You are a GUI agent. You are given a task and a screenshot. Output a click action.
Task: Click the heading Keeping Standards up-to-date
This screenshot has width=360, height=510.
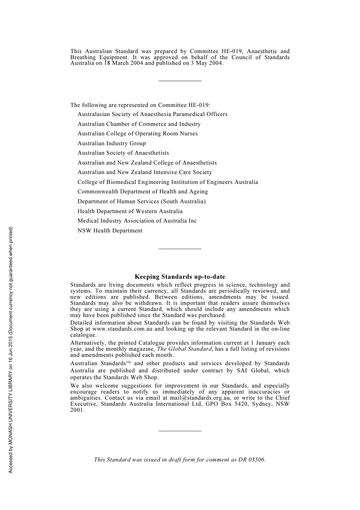tap(180, 277)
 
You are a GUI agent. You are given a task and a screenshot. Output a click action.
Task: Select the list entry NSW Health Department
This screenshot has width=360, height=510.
tap(110, 231)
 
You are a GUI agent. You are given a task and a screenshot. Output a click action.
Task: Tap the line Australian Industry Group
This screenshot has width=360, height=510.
tap(111, 143)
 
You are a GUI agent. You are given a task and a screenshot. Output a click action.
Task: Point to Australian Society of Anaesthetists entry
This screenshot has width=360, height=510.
tap(123, 153)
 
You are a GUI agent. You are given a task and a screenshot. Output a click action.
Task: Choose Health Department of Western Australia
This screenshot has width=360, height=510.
tap(130, 211)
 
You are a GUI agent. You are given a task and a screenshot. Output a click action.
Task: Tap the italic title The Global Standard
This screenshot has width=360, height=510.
tap(184, 349)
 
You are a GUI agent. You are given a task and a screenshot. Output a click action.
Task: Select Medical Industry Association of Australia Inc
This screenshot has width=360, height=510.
tap(137, 221)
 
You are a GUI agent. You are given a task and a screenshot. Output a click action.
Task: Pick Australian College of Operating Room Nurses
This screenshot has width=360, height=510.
tap(138, 133)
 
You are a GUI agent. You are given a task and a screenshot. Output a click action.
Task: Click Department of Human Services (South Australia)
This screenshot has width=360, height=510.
tap(141, 201)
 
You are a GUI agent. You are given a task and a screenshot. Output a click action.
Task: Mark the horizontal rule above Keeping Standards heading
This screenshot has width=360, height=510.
tap(180, 249)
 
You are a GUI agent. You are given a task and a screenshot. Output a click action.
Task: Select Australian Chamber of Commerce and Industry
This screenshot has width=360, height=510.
tap(139, 124)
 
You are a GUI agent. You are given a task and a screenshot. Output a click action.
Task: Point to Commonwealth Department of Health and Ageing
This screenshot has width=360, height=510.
tap(142, 191)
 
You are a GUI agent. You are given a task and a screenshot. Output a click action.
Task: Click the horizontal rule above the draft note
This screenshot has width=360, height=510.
tap(180, 431)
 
